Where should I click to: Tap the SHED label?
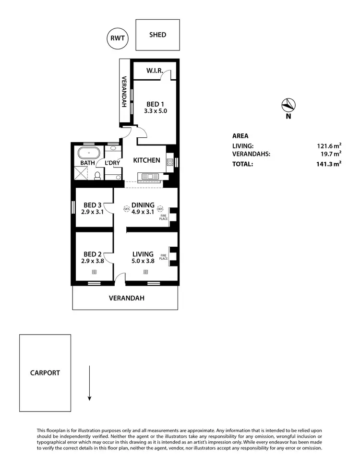tap(157, 35)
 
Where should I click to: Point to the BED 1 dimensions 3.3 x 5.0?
tap(156, 111)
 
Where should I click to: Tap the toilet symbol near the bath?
tap(97, 177)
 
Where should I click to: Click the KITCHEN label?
tap(146, 160)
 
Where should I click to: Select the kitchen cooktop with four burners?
tap(169, 162)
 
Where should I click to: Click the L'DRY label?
tap(112, 163)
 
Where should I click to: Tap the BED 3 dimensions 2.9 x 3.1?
tap(93, 211)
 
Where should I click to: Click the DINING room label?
tap(143, 205)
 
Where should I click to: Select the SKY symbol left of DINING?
tap(127, 209)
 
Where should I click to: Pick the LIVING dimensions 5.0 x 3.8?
tap(143, 261)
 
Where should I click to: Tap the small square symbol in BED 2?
tap(94, 272)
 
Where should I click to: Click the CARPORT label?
tap(45, 373)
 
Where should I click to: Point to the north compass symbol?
tap(288, 105)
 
